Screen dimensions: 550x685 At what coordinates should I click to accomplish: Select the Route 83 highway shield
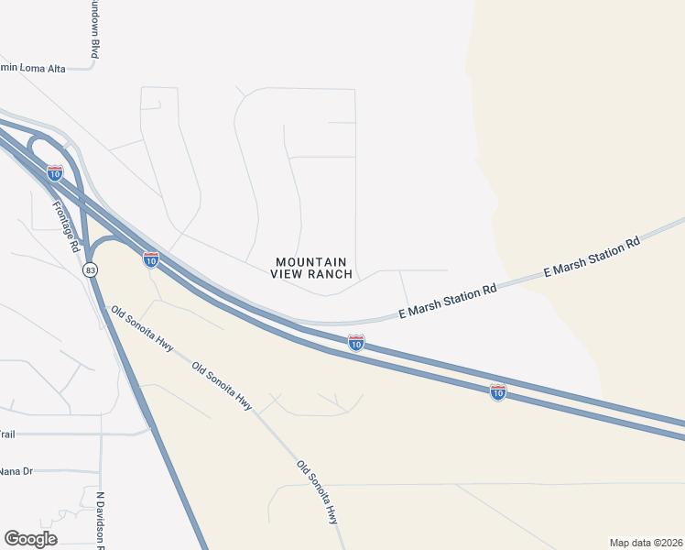90,270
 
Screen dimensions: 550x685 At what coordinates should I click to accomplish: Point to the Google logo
30,539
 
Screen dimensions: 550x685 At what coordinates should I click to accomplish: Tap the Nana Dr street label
16,471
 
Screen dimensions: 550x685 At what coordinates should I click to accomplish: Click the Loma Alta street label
35,68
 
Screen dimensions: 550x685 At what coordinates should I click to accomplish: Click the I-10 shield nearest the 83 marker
151,259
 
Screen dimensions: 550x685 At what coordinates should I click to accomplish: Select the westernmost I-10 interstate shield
55,172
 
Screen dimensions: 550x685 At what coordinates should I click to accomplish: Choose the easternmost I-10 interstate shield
497,392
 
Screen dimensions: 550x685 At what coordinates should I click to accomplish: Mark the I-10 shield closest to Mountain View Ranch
356,343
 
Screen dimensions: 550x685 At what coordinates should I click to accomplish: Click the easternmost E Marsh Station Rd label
591,258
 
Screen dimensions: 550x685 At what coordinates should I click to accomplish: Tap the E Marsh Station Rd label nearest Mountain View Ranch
448,301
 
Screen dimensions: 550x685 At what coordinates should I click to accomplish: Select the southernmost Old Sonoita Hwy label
317,492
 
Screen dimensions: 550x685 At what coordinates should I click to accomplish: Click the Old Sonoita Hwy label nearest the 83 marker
142,329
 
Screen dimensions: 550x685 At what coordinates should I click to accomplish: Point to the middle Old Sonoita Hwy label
222,385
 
